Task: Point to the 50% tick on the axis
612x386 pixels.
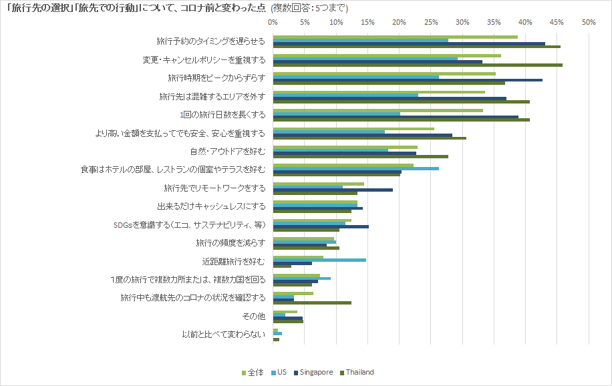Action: coord(588,22)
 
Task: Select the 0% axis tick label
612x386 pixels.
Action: coord(273,22)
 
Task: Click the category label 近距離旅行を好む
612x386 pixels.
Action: coord(234,260)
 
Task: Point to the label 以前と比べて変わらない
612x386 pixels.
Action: coord(224,334)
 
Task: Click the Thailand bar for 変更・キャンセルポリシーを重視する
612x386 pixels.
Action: coord(418,65)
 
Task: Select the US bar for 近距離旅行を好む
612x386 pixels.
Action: coord(319,259)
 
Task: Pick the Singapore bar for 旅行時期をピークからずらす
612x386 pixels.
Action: coord(408,79)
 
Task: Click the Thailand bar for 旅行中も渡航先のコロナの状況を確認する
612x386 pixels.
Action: coord(312,303)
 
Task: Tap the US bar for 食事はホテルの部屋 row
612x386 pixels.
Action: coord(355,168)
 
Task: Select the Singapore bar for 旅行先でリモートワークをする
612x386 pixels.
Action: coord(333,190)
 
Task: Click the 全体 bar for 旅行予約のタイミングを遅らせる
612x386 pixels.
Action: coord(395,37)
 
